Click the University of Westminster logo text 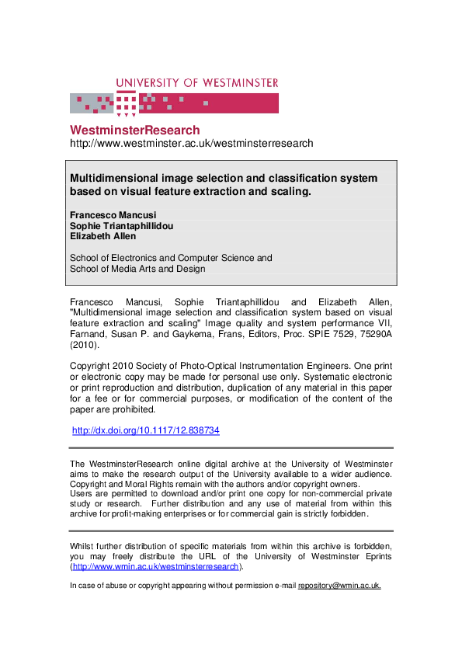coord(197,83)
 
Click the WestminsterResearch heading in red coord(134,130)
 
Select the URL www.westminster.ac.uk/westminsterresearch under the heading coord(192,144)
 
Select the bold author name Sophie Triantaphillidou coord(122,226)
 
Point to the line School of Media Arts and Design coord(137,269)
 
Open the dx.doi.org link coord(145,430)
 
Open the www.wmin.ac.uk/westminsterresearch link coord(155,567)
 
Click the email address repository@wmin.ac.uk coord(339,586)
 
